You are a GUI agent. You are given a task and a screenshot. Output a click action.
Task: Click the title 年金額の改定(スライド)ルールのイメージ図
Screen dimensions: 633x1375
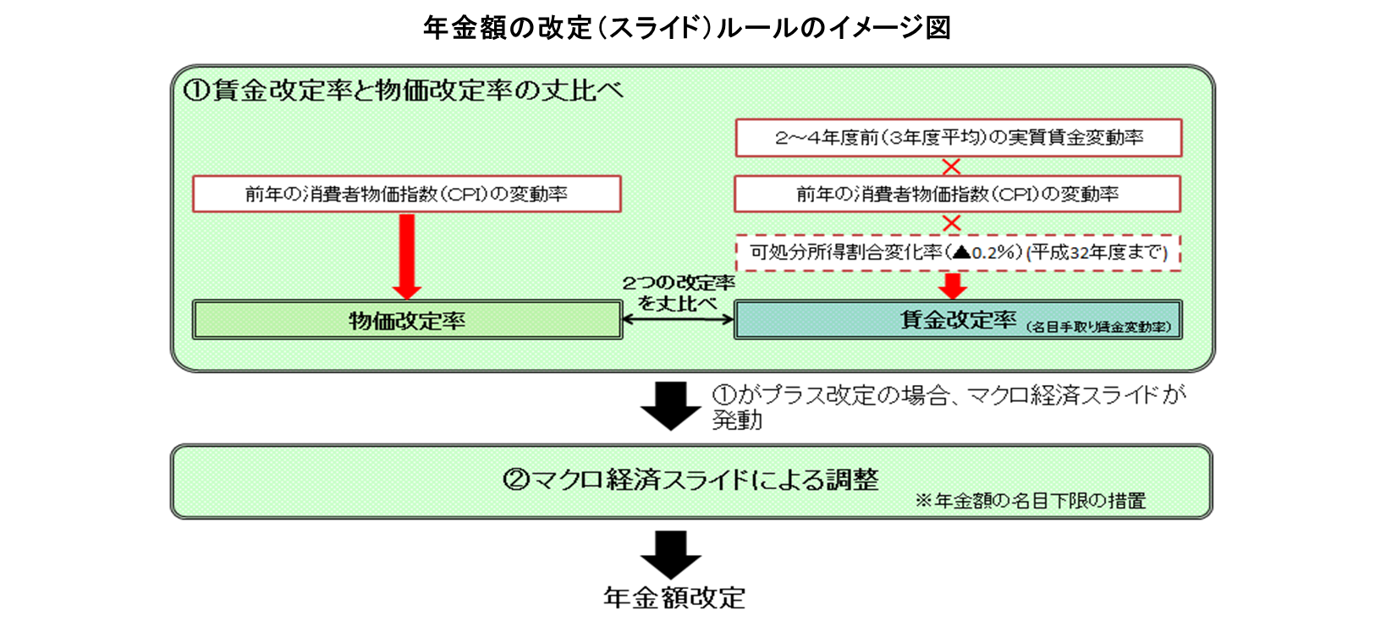(x=686, y=27)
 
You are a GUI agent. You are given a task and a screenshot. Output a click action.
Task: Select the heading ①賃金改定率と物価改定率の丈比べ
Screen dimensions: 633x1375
(x=403, y=90)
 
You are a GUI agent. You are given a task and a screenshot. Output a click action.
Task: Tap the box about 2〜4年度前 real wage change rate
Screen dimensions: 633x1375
(x=958, y=138)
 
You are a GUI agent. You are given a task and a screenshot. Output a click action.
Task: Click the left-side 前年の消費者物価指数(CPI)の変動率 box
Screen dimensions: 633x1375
(x=406, y=194)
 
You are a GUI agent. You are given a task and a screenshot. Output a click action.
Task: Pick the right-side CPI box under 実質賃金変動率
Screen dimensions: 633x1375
(x=957, y=194)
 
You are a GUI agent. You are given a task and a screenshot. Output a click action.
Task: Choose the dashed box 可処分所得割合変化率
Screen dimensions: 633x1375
(x=957, y=252)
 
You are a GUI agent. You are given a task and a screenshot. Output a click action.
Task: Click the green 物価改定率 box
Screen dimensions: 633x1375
(x=407, y=320)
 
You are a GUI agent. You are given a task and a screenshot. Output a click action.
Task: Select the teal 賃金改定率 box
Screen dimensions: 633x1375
(x=957, y=320)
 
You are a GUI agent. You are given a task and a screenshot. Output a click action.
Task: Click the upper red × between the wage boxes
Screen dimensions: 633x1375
(x=951, y=167)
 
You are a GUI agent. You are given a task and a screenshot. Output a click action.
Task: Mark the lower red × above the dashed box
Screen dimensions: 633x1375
(x=951, y=223)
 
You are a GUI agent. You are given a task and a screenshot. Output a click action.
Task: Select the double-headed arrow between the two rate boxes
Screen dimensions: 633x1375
(x=678, y=319)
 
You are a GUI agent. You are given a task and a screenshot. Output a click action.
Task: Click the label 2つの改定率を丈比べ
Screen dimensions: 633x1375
(x=678, y=293)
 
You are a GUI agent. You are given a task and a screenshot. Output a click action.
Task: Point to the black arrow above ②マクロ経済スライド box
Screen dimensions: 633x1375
(x=670, y=405)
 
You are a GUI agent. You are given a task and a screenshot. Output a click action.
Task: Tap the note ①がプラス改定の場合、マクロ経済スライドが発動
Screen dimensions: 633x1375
(x=948, y=406)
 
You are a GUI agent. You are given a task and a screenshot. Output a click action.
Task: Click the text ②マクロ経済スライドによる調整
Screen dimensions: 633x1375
(x=690, y=480)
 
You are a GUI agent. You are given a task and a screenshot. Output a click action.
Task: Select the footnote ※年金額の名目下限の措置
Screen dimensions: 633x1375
(x=1030, y=501)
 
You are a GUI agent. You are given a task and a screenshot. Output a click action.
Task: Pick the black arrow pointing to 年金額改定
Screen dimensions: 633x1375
(x=670, y=554)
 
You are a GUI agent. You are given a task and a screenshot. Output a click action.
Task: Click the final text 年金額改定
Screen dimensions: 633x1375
(x=674, y=597)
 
